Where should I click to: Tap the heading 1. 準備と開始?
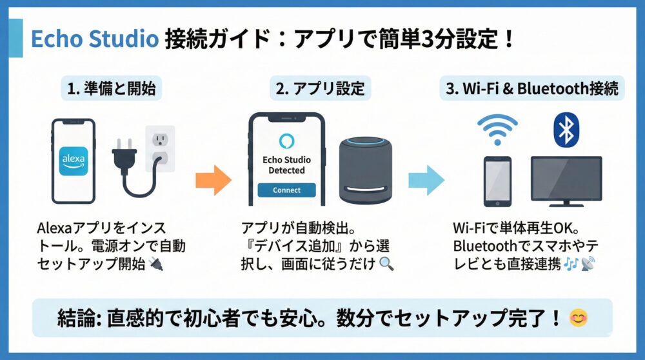113,88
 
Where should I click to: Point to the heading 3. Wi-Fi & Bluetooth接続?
533,88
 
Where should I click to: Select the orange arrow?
213,180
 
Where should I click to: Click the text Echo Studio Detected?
286,165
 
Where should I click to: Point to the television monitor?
566,180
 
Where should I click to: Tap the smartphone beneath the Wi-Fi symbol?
497,181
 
